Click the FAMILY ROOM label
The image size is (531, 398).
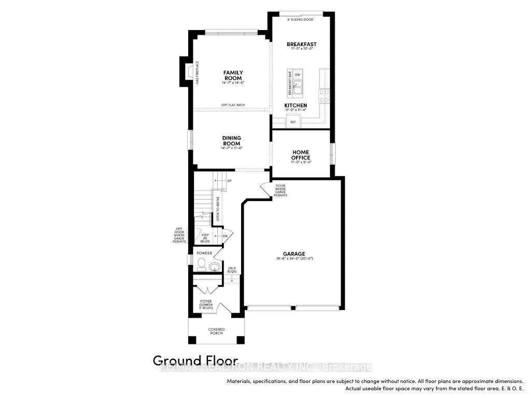pos(233,75)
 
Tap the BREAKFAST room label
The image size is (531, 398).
pos(301,45)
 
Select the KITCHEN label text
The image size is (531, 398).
pos(296,105)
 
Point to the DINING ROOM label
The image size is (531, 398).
pos(232,141)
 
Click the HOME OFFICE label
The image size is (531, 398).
pos(301,154)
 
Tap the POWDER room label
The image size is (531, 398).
pos(204,253)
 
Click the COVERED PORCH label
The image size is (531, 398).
pos(216,331)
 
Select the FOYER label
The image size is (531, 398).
pos(206,301)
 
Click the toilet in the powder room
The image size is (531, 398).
pos(201,265)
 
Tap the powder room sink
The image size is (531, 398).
pos(215,267)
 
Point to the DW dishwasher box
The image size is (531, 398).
pos(298,75)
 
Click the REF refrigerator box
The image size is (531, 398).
pos(293,122)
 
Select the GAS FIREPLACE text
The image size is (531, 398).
pos(198,73)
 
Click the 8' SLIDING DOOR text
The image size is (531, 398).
pos(300,20)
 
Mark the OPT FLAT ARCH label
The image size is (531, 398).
pos(233,105)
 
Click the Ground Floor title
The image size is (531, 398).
pos(195,361)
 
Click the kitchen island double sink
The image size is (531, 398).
pos(298,90)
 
